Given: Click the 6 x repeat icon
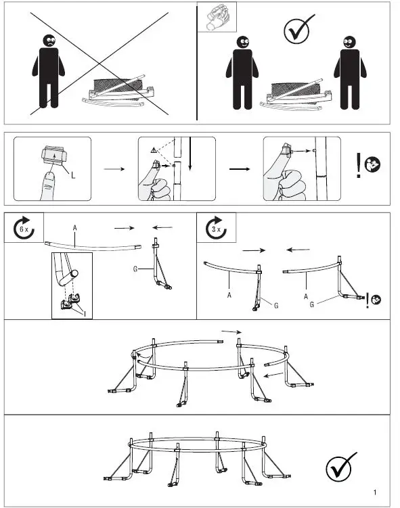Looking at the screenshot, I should click(25, 229).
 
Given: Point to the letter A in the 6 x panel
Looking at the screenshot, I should click(74, 228).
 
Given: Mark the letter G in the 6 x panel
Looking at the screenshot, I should click(135, 269).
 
